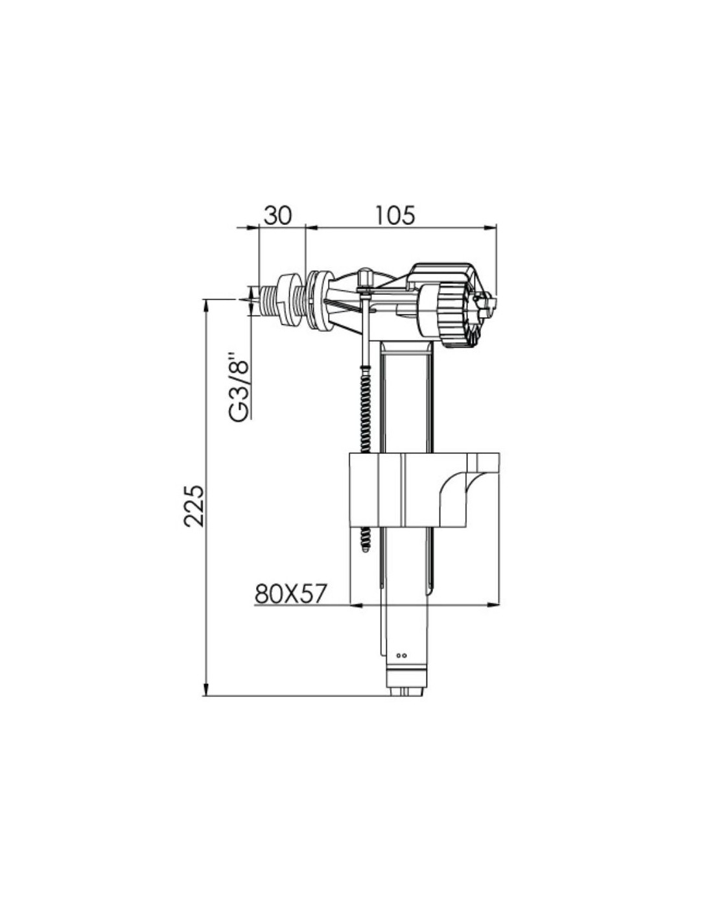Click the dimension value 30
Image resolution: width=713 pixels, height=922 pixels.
[278, 215]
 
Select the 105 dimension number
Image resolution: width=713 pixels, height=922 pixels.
[395, 215]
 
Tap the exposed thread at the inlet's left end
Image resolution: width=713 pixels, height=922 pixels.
[267, 300]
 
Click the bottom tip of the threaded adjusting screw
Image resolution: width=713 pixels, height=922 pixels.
[365, 549]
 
